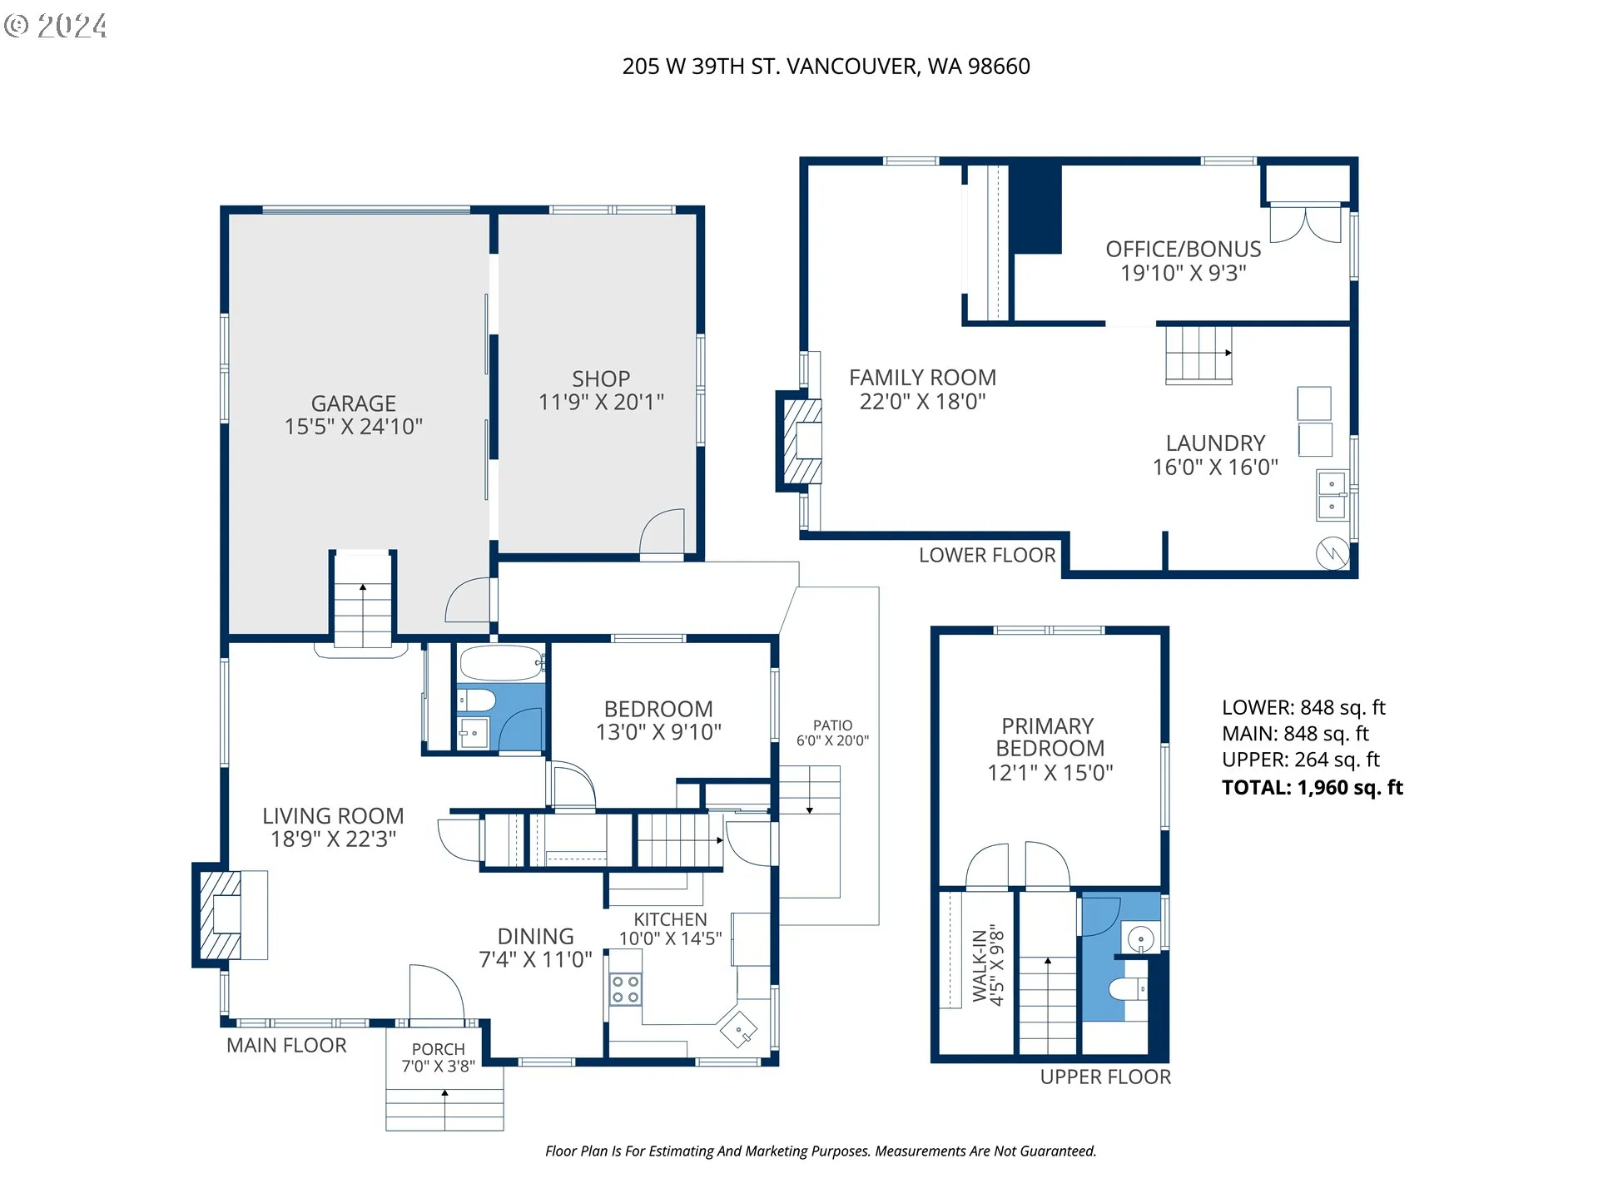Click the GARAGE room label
coord(354,403)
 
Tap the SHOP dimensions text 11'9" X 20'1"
coord(601,403)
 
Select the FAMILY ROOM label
coord(922,378)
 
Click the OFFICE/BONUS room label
coord(1183,249)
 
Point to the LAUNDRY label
coord(1215,443)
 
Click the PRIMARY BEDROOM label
coord(1049,737)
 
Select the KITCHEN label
coord(670,919)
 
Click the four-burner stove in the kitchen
coord(625,989)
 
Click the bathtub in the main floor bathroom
coord(502,664)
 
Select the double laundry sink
coord(1332,496)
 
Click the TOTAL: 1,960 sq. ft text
coord(1312,788)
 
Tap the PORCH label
coord(438,1049)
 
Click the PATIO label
coord(832,725)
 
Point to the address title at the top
coord(826,67)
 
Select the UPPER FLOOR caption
coord(1105,1077)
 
